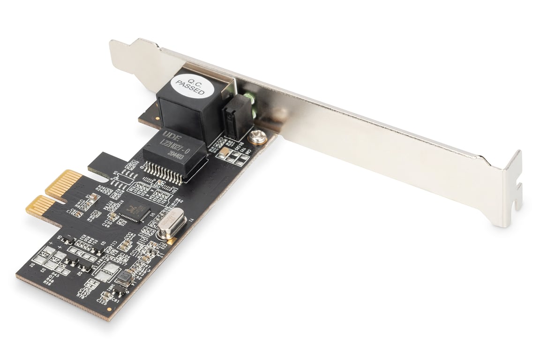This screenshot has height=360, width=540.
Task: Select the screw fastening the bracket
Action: [x=256, y=136]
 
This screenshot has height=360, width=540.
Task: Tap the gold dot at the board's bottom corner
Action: [x=109, y=309]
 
